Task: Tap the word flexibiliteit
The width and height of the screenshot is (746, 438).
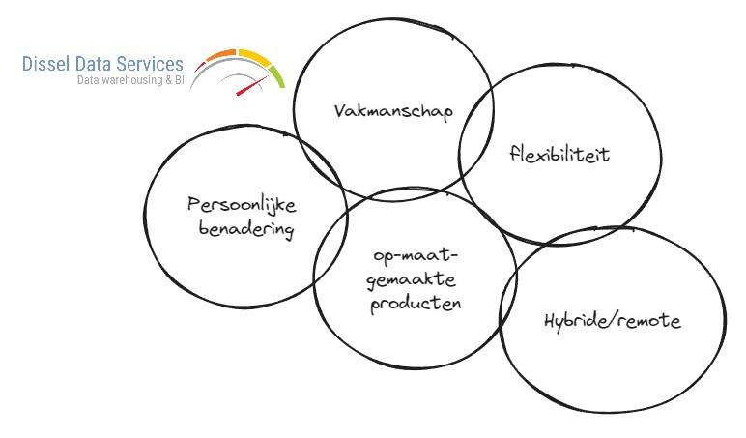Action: pyautogui.click(x=559, y=155)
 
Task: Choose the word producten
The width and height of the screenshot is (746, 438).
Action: pyautogui.click(x=416, y=303)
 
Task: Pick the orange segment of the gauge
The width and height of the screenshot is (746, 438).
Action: pyautogui.click(x=221, y=55)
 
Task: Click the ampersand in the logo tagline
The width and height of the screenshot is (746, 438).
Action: pyautogui.click(x=166, y=81)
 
